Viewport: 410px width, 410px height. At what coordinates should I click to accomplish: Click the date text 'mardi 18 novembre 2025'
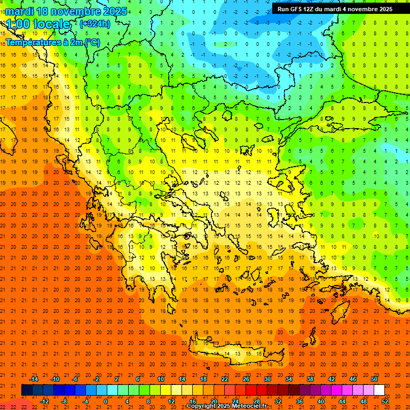66,11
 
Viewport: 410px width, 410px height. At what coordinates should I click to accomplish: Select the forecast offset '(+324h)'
94,23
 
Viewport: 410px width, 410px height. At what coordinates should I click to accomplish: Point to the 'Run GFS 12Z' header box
335,9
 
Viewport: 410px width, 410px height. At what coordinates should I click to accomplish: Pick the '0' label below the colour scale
106,401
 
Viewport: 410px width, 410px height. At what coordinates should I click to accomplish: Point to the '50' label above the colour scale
374,379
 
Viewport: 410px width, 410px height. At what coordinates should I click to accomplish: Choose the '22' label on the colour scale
225,379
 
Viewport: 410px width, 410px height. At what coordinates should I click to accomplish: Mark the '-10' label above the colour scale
54,379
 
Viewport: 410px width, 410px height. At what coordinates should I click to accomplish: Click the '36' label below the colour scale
299,401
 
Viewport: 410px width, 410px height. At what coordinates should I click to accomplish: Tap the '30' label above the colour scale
267,379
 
